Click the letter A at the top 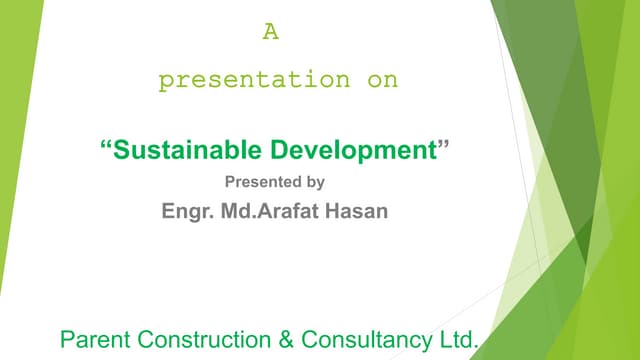pyautogui.click(x=270, y=32)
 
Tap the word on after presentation pyautogui.click(x=382, y=81)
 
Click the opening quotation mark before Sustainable pyautogui.click(x=105, y=147)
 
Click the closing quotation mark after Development pyautogui.click(x=445, y=147)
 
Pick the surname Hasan pyautogui.click(x=358, y=211)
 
